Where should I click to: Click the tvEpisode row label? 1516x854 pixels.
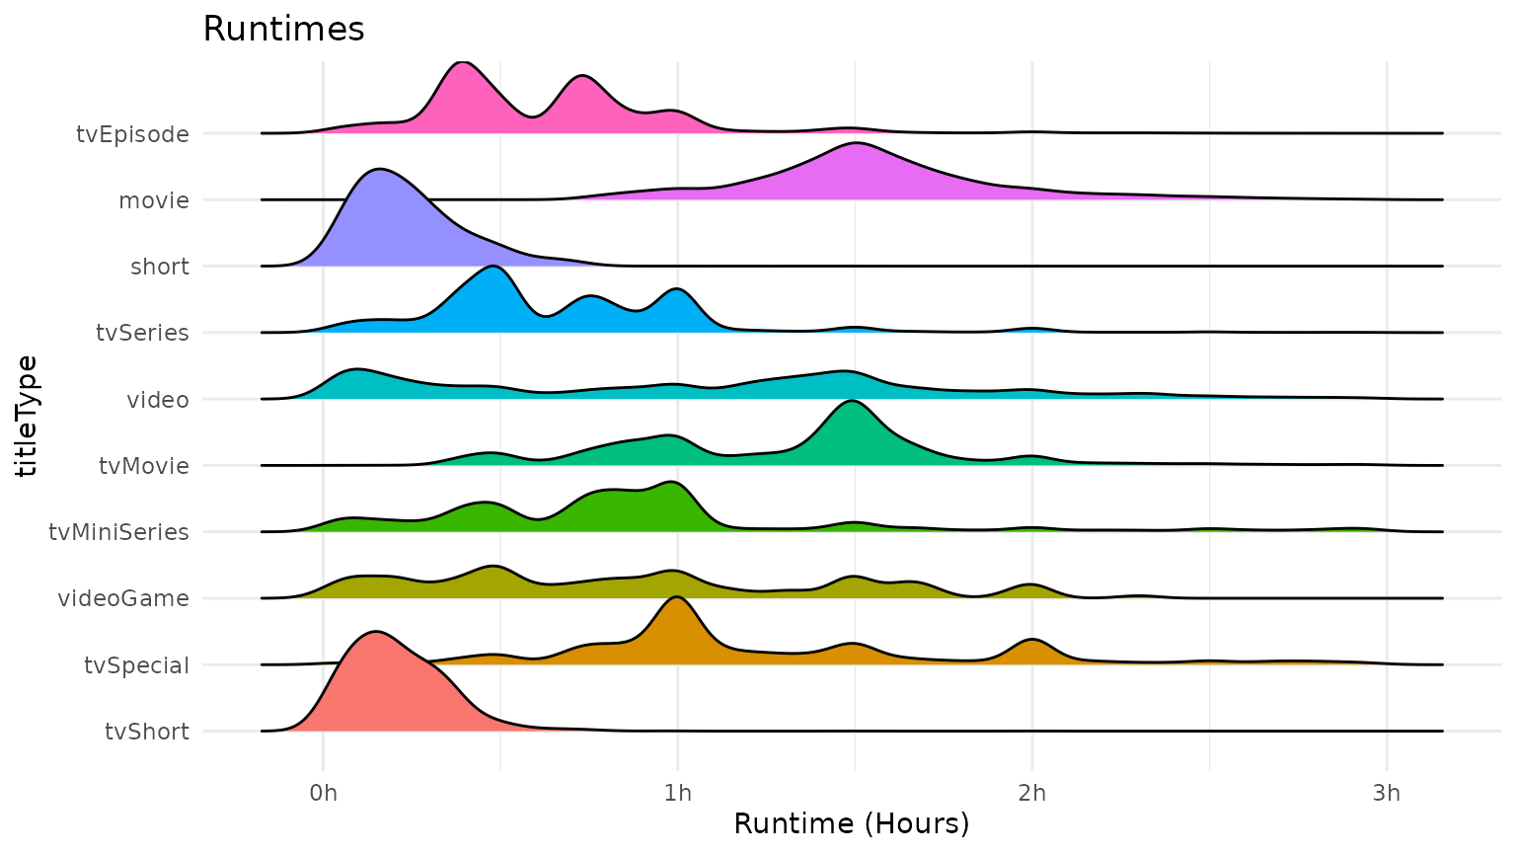[x=132, y=134]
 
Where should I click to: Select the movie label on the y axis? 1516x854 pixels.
[x=153, y=200]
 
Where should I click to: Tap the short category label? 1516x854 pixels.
[x=159, y=267]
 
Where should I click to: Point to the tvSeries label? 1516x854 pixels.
[x=142, y=333]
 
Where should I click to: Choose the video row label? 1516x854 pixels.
[x=157, y=400]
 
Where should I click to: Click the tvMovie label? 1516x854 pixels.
[x=143, y=466]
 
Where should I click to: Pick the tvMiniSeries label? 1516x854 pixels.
[x=118, y=532]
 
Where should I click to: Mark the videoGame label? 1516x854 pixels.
[x=122, y=598]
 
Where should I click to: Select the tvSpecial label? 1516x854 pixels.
[x=136, y=665]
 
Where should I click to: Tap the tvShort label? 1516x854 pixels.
[x=146, y=732]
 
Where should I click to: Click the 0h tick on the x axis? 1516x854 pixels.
[x=323, y=793]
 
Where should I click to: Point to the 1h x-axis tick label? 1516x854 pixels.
[x=677, y=793]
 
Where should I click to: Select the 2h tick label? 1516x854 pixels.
[x=1031, y=793]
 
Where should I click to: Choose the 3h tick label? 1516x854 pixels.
[x=1386, y=793]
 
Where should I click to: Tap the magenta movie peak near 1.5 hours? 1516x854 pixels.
[x=856, y=146]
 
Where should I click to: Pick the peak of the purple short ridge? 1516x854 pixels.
[x=378, y=173]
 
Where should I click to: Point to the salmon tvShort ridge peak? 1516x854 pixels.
[x=376, y=635]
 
